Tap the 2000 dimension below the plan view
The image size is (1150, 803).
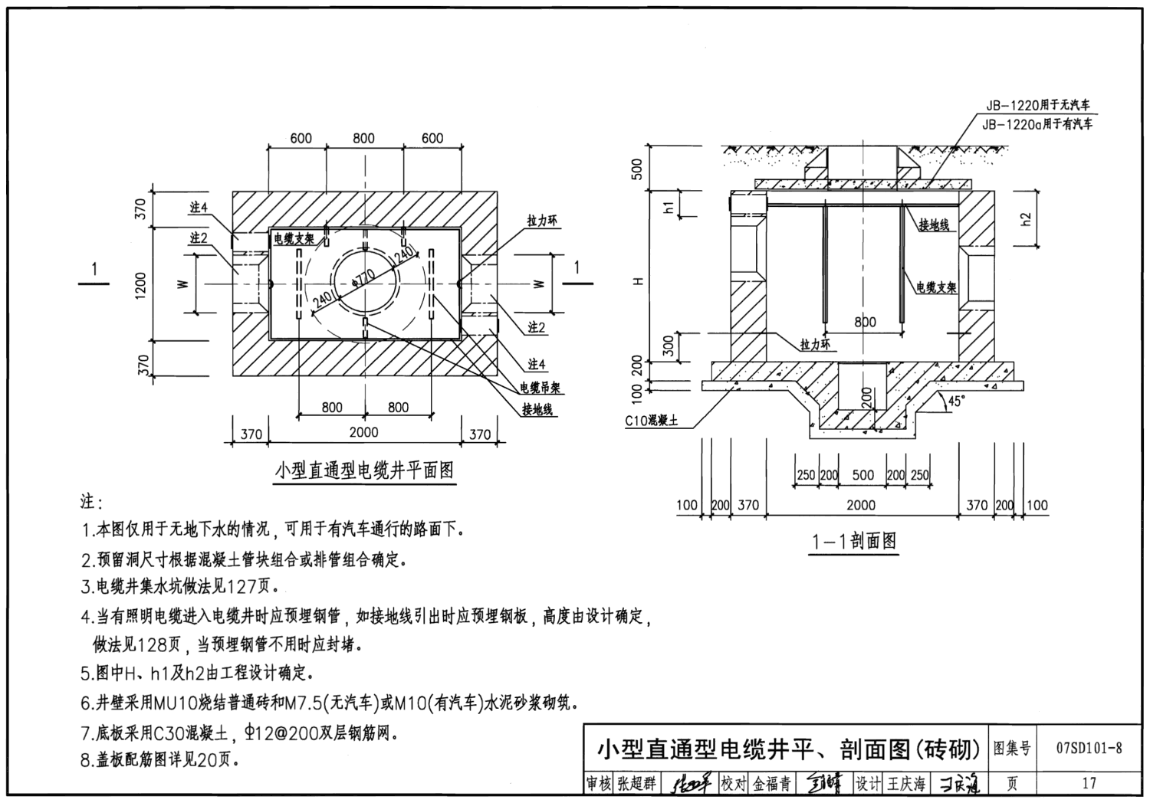pos(363,432)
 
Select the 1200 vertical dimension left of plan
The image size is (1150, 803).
pos(141,285)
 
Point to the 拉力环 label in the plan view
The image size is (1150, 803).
pos(542,221)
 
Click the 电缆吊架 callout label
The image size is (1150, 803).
pos(541,388)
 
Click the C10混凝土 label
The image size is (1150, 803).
pos(651,421)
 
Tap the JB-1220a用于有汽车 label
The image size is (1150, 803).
pos(1037,123)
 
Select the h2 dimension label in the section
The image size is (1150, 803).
pos(1027,218)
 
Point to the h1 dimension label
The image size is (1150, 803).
pos(669,206)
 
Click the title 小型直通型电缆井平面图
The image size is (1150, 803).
pos(364,470)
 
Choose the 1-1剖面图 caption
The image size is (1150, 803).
pos(854,542)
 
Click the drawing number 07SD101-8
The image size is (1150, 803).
pos(1089,748)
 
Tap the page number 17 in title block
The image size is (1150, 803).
pos(1089,783)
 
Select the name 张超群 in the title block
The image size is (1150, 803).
pos(636,784)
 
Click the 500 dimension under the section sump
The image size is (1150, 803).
pos(863,475)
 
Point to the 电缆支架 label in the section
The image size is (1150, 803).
pos(936,288)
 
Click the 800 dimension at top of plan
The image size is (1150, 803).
pos(363,139)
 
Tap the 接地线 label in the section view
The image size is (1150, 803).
pos(934,225)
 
